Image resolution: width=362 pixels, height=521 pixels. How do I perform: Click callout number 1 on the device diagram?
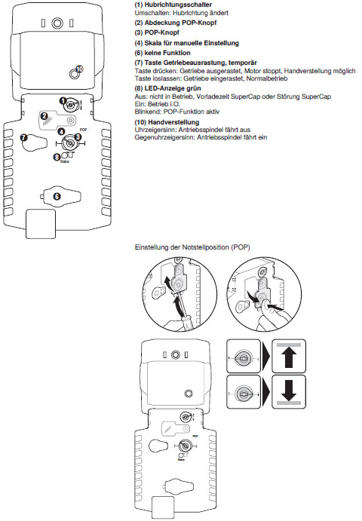[x=63, y=100]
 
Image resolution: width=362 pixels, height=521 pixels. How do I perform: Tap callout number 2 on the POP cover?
[x=44, y=116]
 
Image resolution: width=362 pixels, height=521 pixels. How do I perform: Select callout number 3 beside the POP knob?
[x=78, y=137]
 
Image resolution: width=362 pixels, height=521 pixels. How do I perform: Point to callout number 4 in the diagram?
[x=62, y=132]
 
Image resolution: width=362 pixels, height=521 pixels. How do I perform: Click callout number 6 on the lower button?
[x=57, y=196]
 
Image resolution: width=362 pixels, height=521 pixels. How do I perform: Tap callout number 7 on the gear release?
[x=24, y=137]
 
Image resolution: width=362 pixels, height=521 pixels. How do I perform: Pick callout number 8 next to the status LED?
[x=57, y=156]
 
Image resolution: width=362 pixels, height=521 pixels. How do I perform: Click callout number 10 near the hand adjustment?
[x=79, y=69]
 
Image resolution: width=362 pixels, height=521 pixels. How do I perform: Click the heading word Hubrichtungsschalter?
[x=178, y=5]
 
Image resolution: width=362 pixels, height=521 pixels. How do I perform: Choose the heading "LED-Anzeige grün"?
[x=173, y=88]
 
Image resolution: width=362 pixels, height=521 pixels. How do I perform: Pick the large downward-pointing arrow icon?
[x=289, y=391]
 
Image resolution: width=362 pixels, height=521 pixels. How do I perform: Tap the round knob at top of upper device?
[x=57, y=23]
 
